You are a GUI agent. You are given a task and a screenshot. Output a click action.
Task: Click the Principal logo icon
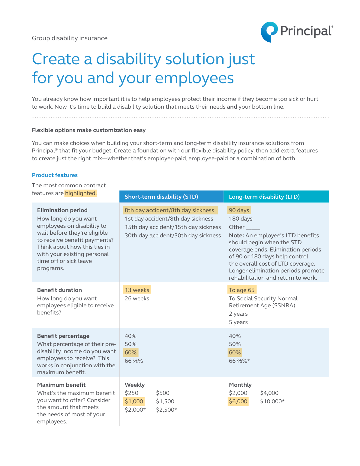(x=269, y=32)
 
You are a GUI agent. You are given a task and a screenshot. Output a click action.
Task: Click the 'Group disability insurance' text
(x=70, y=38)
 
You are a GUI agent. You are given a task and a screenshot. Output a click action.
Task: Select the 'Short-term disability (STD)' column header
(x=161, y=197)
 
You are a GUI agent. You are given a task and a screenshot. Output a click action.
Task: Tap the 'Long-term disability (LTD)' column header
(x=264, y=197)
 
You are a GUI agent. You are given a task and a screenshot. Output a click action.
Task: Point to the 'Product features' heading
(x=55, y=175)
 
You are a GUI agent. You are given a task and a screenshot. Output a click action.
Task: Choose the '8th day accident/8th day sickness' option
(x=169, y=210)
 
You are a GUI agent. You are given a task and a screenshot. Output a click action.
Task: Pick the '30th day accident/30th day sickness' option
(x=173, y=236)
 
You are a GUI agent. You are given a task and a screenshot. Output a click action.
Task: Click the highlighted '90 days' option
(x=239, y=210)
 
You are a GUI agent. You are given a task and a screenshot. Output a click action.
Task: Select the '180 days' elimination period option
(x=241, y=219)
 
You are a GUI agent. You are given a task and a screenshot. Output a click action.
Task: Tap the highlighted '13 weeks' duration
(x=137, y=290)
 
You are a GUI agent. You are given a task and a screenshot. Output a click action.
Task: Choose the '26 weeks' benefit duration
(x=137, y=299)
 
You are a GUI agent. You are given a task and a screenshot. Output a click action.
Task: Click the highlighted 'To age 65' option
(x=242, y=290)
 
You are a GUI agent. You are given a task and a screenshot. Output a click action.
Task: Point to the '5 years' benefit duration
(x=238, y=322)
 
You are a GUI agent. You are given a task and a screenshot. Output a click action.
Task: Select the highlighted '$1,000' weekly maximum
(x=134, y=401)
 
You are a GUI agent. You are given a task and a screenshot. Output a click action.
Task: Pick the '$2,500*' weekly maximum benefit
(x=166, y=410)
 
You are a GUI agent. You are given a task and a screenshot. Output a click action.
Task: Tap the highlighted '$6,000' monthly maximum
(x=238, y=401)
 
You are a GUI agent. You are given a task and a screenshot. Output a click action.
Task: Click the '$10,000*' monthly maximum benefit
(x=272, y=401)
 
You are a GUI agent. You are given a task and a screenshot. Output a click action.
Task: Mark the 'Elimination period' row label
(x=62, y=210)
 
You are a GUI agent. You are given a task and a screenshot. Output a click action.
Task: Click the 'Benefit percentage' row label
(x=63, y=336)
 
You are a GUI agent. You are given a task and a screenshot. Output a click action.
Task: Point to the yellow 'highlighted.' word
(x=81, y=193)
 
